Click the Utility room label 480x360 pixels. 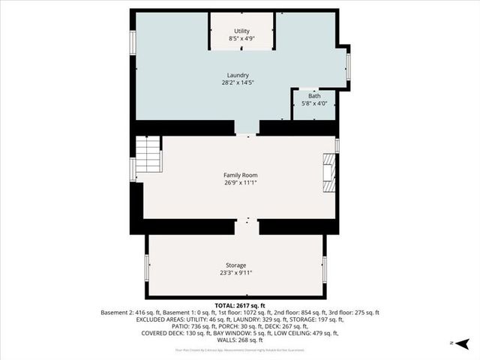(x=241, y=31)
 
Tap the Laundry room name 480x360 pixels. (x=240, y=75)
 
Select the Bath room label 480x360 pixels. (x=314, y=96)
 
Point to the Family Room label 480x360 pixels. (x=240, y=175)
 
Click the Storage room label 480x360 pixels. (x=235, y=265)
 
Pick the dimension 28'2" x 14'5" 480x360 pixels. (x=240, y=83)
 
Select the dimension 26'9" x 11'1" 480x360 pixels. (x=240, y=183)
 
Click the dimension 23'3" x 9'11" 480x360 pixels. (x=235, y=274)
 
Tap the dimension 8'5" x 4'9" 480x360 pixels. (x=241, y=39)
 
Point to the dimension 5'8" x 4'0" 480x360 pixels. (x=314, y=104)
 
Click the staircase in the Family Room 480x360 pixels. (x=148, y=155)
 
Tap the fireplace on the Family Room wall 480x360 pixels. (x=328, y=173)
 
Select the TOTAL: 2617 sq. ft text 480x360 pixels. (x=240, y=306)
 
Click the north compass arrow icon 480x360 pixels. (x=463, y=343)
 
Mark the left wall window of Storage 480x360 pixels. (x=147, y=268)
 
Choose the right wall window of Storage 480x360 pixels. (x=325, y=269)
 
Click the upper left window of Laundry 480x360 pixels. (x=133, y=43)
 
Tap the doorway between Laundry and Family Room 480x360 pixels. (x=247, y=130)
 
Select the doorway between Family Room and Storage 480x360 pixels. (x=247, y=226)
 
